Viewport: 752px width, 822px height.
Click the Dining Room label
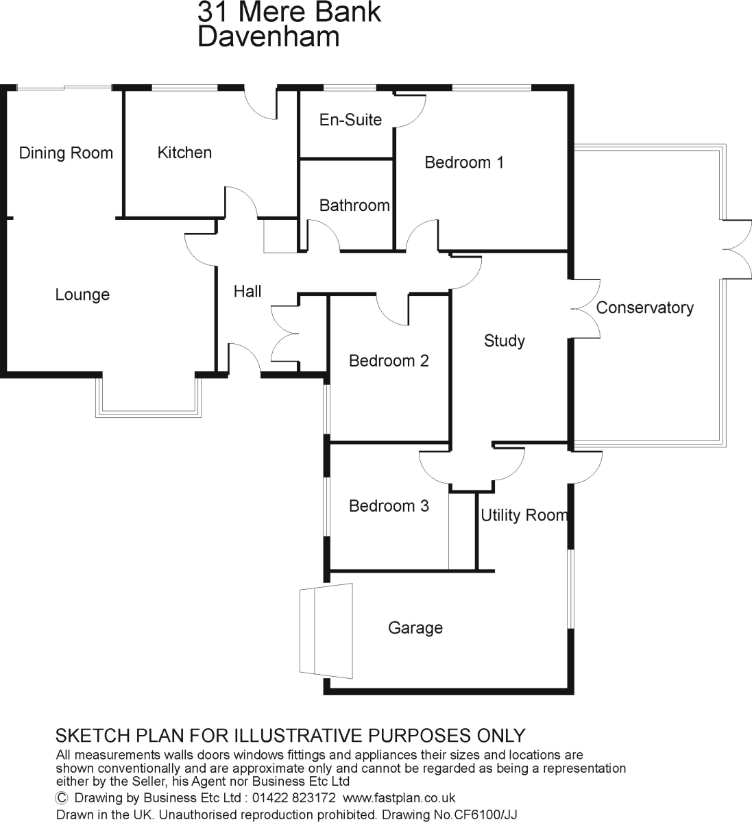pyautogui.click(x=66, y=153)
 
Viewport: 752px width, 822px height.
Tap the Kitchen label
pyautogui.click(x=184, y=153)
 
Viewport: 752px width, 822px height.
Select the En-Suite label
pyautogui.click(x=350, y=120)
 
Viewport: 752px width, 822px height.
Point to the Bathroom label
pyautogui.click(x=354, y=206)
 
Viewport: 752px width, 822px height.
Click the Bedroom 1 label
pyautogui.click(x=464, y=162)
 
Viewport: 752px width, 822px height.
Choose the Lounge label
pyautogui.click(x=82, y=295)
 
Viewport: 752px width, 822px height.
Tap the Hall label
pyautogui.click(x=247, y=292)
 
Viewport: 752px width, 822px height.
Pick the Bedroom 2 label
pyautogui.click(x=389, y=361)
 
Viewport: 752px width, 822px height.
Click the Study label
pyautogui.click(x=504, y=341)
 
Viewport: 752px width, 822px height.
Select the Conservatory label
pyautogui.click(x=644, y=308)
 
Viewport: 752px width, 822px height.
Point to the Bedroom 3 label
pyautogui.click(x=389, y=506)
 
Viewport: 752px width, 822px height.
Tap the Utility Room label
pyautogui.click(x=524, y=515)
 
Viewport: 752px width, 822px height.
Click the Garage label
pyautogui.click(x=415, y=628)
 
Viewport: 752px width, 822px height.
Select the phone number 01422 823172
pyautogui.click(x=293, y=798)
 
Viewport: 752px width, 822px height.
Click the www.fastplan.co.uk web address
pyautogui.click(x=399, y=798)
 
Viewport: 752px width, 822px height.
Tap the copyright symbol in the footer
pyautogui.click(x=62, y=798)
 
